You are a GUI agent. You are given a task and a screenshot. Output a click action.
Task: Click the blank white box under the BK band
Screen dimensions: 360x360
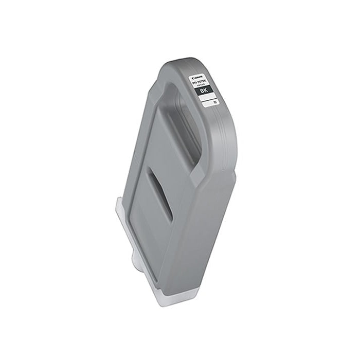point(206,103)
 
